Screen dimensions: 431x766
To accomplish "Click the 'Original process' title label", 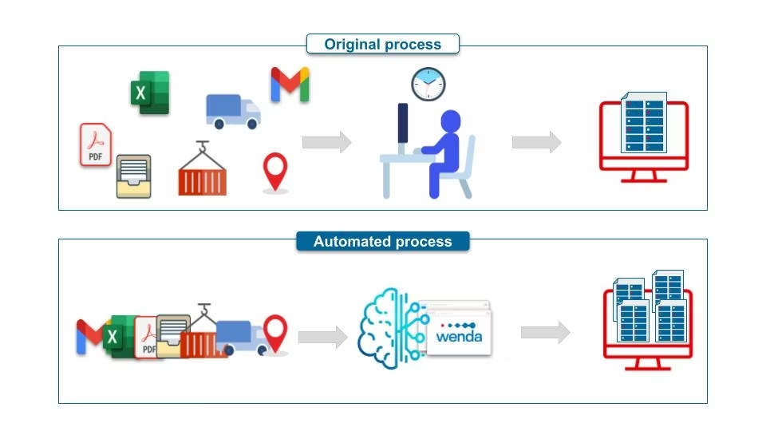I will coord(383,44).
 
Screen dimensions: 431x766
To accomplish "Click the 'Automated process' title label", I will coord(383,241).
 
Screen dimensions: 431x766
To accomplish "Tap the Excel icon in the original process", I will coord(149,93).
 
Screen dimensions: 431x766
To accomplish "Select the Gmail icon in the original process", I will coord(290,85).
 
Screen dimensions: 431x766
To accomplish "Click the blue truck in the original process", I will coord(233,111).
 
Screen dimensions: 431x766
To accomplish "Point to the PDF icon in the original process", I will coord(96,144).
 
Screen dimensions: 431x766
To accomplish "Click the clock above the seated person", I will coord(428,84).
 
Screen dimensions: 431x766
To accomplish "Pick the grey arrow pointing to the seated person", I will coord(326,143).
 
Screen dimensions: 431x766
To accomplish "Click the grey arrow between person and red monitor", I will coord(536,143).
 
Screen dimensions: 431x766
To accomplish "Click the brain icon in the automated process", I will coord(387,329).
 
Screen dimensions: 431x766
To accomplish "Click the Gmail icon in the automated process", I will coord(89,336).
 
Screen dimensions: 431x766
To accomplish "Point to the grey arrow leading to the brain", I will coord(322,337).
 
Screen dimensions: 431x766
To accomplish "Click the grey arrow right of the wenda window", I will coord(546,333).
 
